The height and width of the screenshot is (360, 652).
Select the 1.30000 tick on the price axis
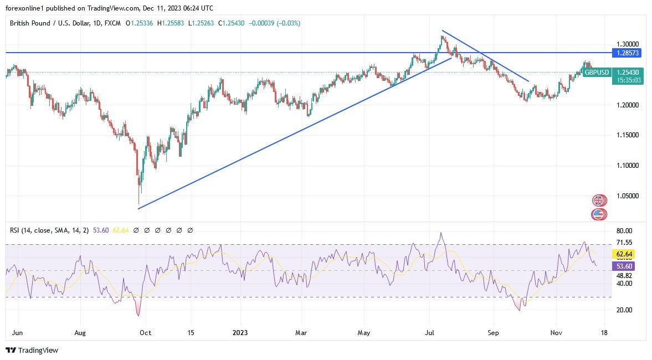click(628, 44)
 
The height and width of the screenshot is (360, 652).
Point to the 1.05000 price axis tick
click(628, 196)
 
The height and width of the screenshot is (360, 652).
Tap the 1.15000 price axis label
click(628, 135)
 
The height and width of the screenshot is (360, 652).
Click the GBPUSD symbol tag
click(596, 73)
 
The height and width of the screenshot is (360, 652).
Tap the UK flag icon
click(599, 200)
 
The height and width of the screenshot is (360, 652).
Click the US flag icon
click(599, 214)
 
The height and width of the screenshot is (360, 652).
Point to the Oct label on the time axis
click(145, 333)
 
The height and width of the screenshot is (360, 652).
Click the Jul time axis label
click(428, 333)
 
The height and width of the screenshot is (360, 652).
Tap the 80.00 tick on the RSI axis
click(624, 231)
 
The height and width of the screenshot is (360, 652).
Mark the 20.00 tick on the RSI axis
click(624, 310)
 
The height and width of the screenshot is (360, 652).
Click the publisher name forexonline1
click(27, 7)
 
